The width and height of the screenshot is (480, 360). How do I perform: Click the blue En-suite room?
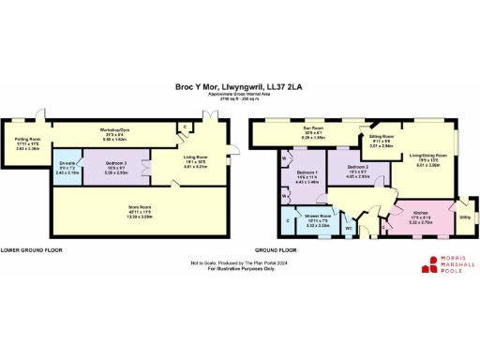(x=64, y=170)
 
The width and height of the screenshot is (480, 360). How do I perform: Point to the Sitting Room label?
(x=381, y=142)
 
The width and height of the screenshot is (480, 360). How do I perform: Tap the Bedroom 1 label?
(x=307, y=176)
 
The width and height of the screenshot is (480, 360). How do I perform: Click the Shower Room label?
(x=316, y=221)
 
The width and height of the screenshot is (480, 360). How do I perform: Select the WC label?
(x=348, y=228)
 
